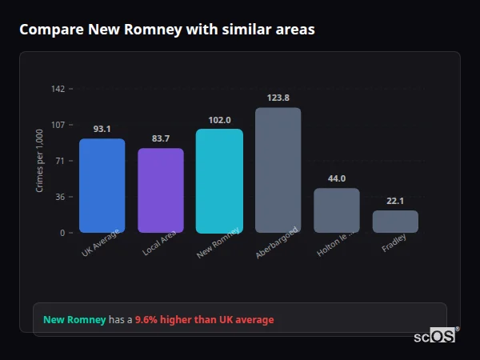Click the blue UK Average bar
(102, 186)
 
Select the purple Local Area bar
(161, 190)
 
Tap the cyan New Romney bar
(219, 181)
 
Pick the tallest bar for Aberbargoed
(278, 170)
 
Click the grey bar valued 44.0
(337, 210)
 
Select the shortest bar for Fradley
(395, 222)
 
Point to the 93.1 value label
(102, 129)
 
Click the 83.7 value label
(161, 138)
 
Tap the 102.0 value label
(219, 120)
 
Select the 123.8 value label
(278, 98)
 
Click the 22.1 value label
(395, 201)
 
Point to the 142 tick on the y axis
(58, 89)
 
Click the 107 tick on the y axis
(58, 125)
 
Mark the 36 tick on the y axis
(60, 197)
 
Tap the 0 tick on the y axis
(62, 233)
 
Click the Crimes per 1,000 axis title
(40, 161)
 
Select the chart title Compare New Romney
(166, 30)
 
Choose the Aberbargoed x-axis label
(277, 242)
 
